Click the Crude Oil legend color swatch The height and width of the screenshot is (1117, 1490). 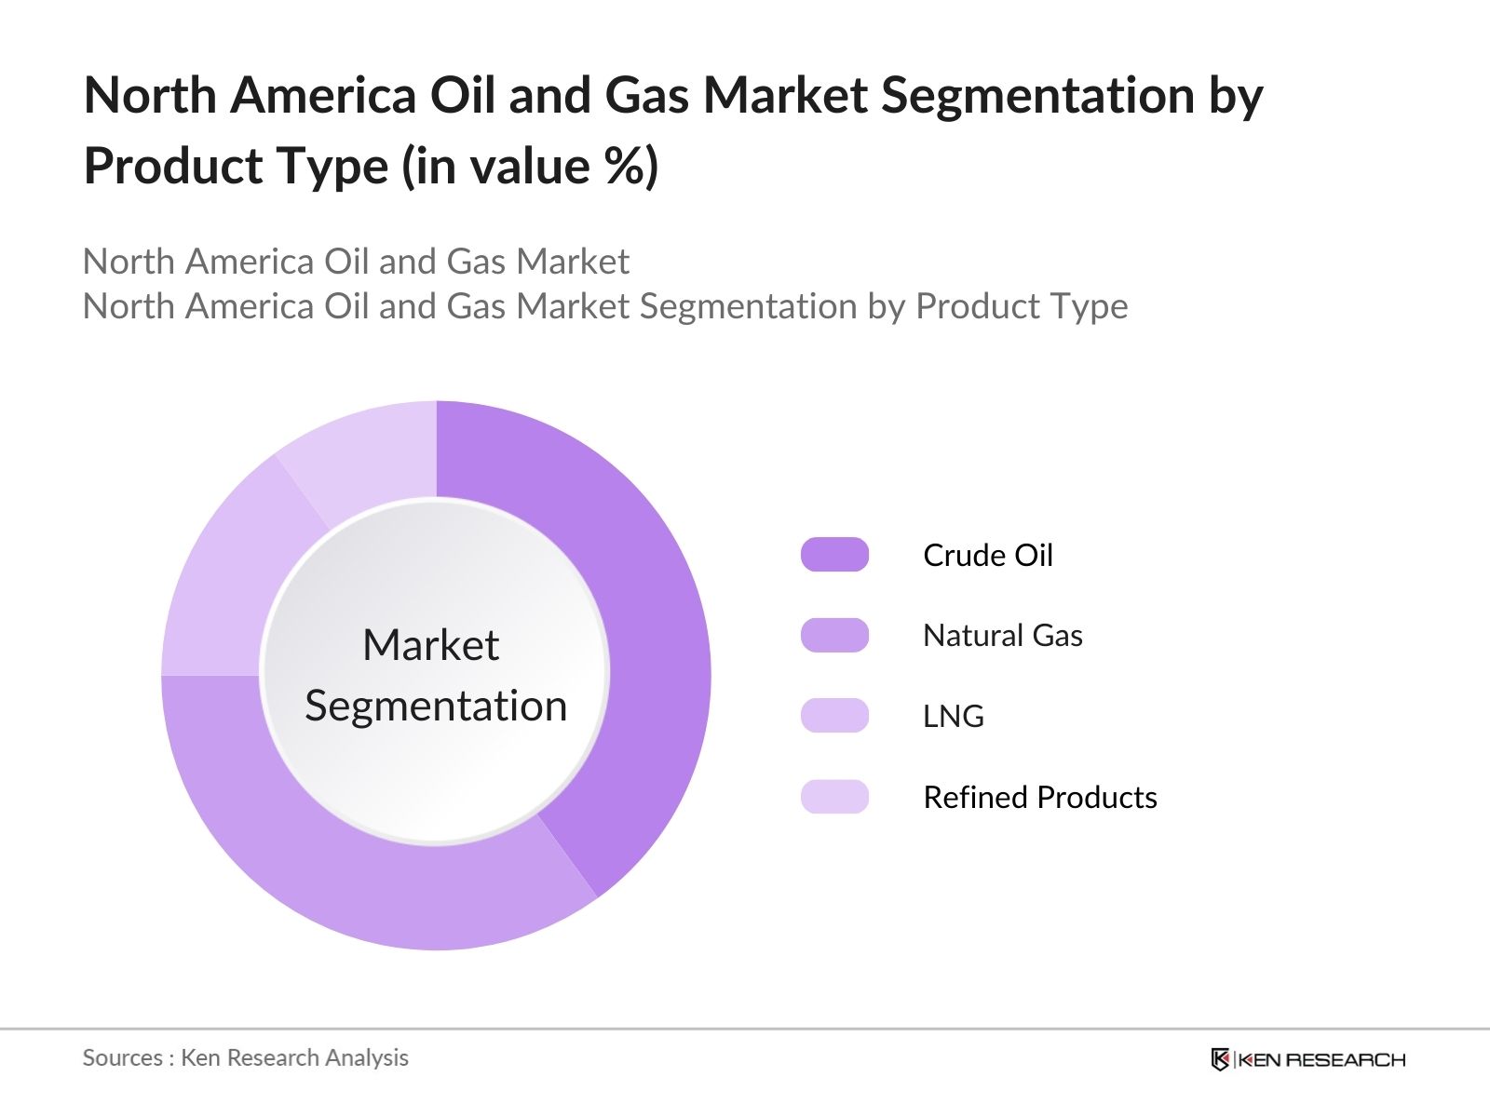click(834, 555)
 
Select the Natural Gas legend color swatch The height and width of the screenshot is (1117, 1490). click(834, 635)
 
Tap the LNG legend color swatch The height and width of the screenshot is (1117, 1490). click(834, 716)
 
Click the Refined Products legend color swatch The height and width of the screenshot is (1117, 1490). click(834, 797)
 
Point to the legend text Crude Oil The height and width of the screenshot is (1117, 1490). click(987, 555)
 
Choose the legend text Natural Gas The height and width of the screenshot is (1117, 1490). click(1002, 635)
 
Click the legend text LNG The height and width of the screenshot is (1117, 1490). click(953, 716)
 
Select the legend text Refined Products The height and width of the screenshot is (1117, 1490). click(1039, 797)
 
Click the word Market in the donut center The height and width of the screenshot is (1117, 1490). click(430, 645)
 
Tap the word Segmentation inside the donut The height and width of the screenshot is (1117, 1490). click(436, 706)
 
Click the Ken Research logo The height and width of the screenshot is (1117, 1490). click(1307, 1059)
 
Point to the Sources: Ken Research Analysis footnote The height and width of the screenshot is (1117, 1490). click(245, 1057)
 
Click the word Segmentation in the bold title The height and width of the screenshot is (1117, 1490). click(1036, 95)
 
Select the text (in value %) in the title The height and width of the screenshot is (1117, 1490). click(530, 167)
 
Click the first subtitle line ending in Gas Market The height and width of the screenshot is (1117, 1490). click(356, 262)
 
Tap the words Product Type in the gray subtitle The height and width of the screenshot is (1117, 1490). click(1022, 306)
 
